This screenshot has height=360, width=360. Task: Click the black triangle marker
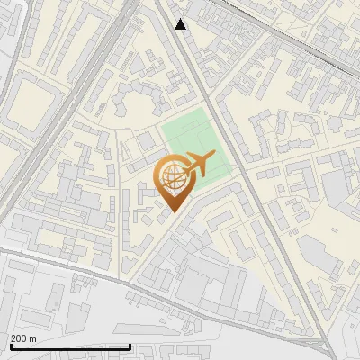point(181,24)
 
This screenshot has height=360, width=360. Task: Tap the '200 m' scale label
point(23,337)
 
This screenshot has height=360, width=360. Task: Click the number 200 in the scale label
point(19,337)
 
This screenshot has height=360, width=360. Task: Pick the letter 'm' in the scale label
point(32,337)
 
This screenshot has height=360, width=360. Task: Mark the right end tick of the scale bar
point(130,346)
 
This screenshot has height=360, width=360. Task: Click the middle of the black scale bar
point(69,347)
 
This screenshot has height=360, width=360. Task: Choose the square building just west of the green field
point(145,141)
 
